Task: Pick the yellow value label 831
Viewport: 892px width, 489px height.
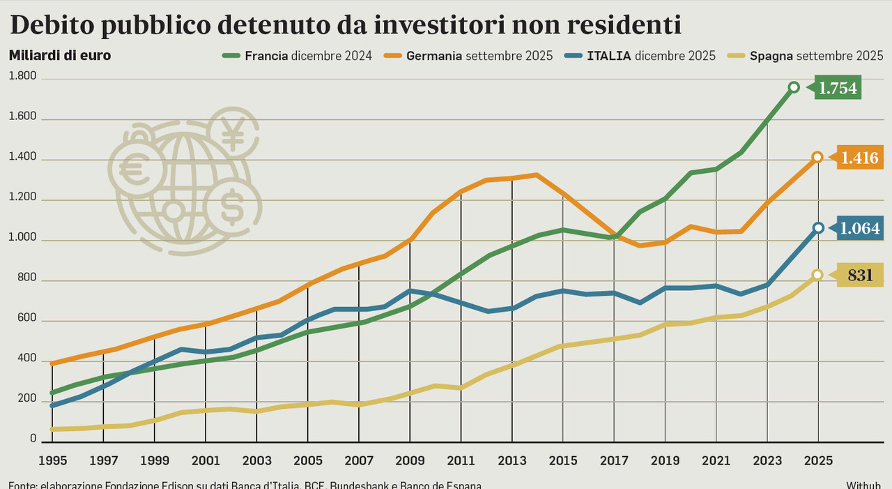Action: coord(859,276)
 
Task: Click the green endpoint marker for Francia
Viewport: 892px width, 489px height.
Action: coord(793,87)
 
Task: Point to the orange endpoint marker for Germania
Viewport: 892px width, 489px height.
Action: coord(817,157)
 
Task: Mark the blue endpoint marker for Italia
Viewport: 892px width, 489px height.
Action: coord(818,228)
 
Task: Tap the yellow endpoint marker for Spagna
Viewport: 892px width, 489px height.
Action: coord(817,275)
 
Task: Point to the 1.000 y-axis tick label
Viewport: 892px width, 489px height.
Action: coord(23,240)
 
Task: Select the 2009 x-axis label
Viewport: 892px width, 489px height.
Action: coord(410,461)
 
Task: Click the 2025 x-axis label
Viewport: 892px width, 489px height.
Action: coord(818,461)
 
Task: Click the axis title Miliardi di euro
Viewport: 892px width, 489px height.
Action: coord(59,55)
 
